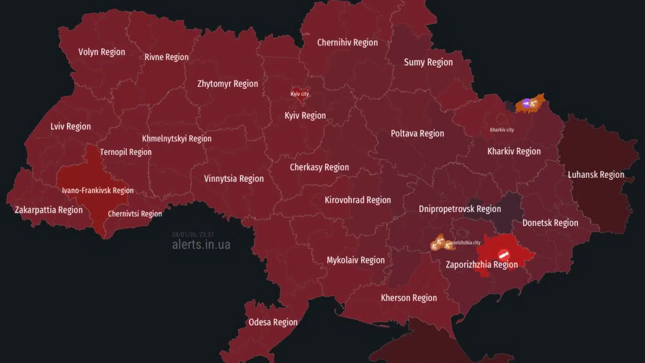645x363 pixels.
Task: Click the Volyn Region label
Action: point(102,52)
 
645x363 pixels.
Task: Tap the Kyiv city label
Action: point(300,94)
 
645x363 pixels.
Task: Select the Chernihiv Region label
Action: point(347,43)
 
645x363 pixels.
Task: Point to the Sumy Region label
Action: point(428,62)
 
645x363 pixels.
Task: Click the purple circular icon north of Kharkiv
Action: point(527,103)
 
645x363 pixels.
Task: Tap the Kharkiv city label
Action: point(502,130)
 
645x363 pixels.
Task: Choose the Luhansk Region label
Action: point(596,175)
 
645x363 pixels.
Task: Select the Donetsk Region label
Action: point(550,223)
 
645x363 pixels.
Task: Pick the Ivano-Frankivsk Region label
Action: point(98,190)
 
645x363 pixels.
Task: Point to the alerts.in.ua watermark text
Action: point(201,245)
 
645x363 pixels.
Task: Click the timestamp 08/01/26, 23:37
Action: point(193,234)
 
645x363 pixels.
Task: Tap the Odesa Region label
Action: point(273,322)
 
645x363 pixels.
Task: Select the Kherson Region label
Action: point(408,298)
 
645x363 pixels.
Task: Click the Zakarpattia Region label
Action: point(48,210)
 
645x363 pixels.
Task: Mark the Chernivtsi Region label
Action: point(135,214)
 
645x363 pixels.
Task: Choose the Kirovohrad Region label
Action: point(357,200)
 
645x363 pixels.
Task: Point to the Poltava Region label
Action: point(417,134)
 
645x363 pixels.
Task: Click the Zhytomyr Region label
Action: point(228,84)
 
